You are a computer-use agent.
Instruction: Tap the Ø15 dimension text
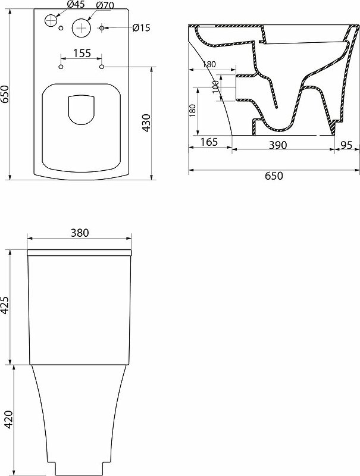coord(141,27)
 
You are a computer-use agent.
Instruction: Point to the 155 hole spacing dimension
coord(82,54)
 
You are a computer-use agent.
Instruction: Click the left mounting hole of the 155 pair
coord(60,67)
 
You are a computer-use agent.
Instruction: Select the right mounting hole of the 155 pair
coord(102,67)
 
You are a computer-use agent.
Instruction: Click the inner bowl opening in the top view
coord(81,111)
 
